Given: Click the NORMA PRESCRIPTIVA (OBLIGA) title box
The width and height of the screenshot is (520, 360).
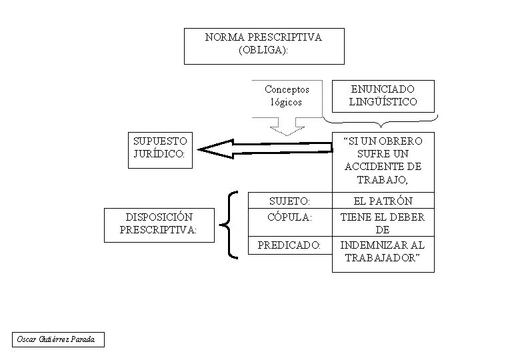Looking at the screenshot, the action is tap(264, 46).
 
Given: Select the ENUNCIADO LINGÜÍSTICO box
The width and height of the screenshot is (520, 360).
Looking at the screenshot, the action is tap(383, 96).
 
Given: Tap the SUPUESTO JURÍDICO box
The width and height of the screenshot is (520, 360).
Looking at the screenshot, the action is tap(160, 150).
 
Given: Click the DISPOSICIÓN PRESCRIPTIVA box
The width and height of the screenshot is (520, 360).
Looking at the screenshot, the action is tap(159, 225).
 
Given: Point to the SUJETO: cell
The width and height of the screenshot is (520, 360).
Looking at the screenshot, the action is tap(290, 201).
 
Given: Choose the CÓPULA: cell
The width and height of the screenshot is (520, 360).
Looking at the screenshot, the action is tap(290, 223).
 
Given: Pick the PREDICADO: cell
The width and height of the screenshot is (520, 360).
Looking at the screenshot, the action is tap(290, 245).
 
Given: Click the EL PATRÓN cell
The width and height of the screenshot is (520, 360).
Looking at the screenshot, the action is tap(383, 201).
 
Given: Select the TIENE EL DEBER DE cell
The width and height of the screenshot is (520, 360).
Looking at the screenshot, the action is tap(383, 223).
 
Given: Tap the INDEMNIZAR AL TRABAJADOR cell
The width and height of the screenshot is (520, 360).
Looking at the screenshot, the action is tap(383, 254).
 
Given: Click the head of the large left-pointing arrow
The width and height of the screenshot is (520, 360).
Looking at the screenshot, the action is tap(198, 149).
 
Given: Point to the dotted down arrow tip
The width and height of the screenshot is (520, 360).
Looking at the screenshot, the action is tap(287, 135).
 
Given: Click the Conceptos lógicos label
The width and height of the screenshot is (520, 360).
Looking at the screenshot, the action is tap(287, 95).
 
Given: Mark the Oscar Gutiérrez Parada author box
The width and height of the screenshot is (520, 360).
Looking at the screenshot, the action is tap(59, 339).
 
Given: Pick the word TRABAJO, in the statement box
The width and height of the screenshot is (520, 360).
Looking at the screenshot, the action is tap(383, 180).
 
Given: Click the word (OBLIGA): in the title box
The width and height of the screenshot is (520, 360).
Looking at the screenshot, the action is tap(263, 50).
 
